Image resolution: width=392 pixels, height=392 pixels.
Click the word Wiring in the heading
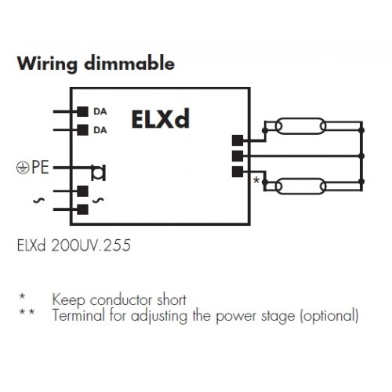point(47,64)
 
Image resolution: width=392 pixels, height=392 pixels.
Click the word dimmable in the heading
point(129,63)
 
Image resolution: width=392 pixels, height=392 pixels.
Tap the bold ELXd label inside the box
point(161,119)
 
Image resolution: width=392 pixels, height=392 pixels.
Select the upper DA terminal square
point(82,111)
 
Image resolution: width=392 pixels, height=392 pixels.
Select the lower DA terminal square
point(82,130)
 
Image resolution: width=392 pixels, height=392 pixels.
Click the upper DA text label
point(100,111)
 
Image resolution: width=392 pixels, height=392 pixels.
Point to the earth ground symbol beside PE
point(23,168)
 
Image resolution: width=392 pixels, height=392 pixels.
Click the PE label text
point(40,167)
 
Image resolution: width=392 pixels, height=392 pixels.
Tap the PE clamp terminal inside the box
point(99,172)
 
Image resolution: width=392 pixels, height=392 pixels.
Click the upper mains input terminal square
point(82,191)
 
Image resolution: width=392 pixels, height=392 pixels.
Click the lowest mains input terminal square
point(82,209)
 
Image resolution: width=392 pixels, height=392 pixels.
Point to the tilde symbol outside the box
point(38,201)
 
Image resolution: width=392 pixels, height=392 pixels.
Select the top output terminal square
point(238,140)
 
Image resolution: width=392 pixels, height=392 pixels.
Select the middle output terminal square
point(238,156)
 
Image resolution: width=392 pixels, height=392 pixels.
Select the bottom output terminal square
point(238,172)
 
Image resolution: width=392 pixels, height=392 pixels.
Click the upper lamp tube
point(300,126)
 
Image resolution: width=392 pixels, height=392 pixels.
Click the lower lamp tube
point(300,186)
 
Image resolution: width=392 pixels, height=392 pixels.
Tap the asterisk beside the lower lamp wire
point(256,180)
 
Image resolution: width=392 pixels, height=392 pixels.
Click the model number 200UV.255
point(91,245)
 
